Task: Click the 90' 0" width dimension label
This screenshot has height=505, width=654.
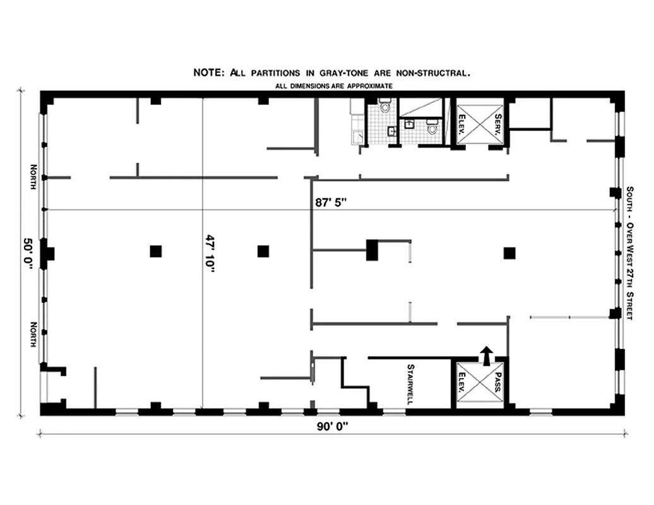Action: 333,426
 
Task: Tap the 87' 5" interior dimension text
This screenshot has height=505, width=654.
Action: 331,203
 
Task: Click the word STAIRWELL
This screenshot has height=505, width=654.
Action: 410,383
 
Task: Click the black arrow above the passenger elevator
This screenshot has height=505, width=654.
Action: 485,356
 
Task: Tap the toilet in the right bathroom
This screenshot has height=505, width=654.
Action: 433,129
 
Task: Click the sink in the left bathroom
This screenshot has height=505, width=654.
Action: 391,131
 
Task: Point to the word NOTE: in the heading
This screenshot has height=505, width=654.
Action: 208,73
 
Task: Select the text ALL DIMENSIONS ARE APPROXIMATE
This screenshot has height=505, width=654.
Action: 334,85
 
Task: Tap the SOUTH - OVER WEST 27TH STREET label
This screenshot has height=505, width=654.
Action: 629,252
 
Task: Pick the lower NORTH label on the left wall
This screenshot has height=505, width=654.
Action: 33,334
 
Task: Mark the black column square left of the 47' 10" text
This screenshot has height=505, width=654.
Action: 155,251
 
